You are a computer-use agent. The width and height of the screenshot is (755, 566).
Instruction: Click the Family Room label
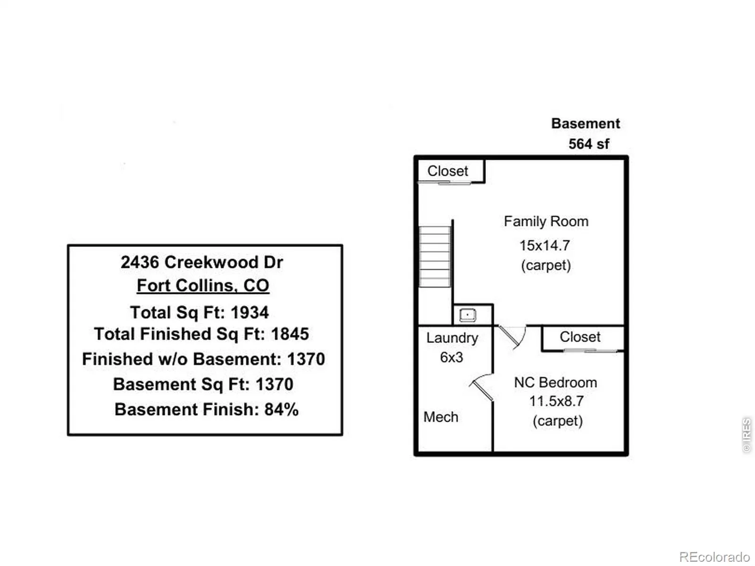[x=546, y=221]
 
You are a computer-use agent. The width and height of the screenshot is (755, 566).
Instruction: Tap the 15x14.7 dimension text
[x=545, y=245]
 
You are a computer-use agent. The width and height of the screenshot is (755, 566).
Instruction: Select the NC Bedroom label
[x=555, y=382]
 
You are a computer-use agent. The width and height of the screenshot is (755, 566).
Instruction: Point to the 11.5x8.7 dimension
[x=556, y=401]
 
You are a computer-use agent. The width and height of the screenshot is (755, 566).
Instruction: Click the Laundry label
[x=452, y=338]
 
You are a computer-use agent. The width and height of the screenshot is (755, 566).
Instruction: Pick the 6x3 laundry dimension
[x=451, y=358]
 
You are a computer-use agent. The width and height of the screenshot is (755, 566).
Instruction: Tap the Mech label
[x=441, y=417]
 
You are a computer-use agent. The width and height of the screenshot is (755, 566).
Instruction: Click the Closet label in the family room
[x=447, y=171]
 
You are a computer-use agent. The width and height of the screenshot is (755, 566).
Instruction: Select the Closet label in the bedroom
[x=580, y=337]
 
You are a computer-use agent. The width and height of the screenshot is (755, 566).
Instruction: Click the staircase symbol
[x=435, y=256]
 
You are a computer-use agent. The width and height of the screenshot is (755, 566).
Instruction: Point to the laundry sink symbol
[x=468, y=315]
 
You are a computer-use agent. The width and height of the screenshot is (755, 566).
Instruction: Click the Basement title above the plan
[x=585, y=124]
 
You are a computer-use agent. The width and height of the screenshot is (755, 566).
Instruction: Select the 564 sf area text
[x=588, y=144]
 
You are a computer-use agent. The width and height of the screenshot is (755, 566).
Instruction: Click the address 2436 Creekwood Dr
[x=201, y=262]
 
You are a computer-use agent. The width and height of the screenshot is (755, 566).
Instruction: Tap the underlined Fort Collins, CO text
[x=203, y=286]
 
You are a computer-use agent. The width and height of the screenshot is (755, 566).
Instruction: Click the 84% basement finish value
[x=281, y=409]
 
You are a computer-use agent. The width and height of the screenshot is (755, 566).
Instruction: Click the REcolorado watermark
[x=714, y=557]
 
